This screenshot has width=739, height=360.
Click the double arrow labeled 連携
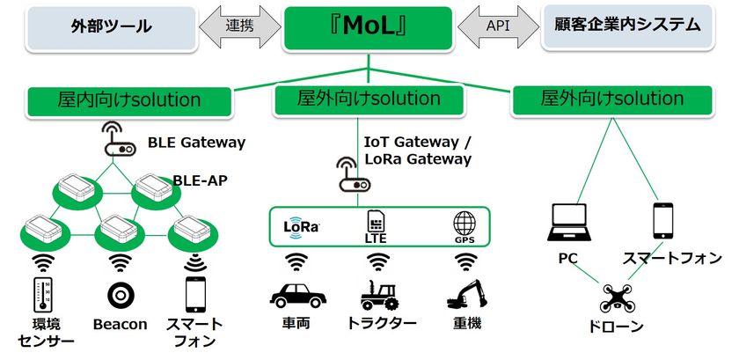point(239,26)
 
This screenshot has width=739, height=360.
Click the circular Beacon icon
point(119,296)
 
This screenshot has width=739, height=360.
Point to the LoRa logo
point(301,224)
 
